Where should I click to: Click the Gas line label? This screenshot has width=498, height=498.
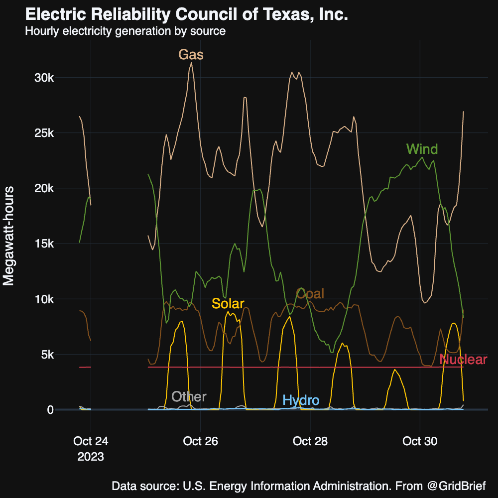click(191, 55)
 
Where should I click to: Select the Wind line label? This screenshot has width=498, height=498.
click(422, 149)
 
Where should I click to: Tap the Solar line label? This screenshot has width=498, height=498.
click(228, 303)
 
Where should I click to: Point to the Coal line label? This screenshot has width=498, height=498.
click(310, 294)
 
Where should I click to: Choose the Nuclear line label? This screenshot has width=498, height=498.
click(463, 360)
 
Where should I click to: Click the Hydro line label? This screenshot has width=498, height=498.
click(301, 400)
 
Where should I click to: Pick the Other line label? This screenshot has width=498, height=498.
click(189, 396)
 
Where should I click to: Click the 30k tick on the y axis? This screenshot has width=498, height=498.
click(51, 78)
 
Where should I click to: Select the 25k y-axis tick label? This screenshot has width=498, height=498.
click(51, 133)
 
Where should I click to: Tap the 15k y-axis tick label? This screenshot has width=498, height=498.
click(51, 244)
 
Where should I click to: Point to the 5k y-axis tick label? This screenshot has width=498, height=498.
click(54, 355)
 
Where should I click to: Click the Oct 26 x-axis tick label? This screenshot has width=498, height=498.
click(200, 441)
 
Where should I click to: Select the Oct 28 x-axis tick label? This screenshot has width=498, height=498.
click(310, 441)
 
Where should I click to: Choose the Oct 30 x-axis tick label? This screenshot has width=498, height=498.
click(420, 441)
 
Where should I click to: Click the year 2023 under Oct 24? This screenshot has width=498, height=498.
click(91, 456)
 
